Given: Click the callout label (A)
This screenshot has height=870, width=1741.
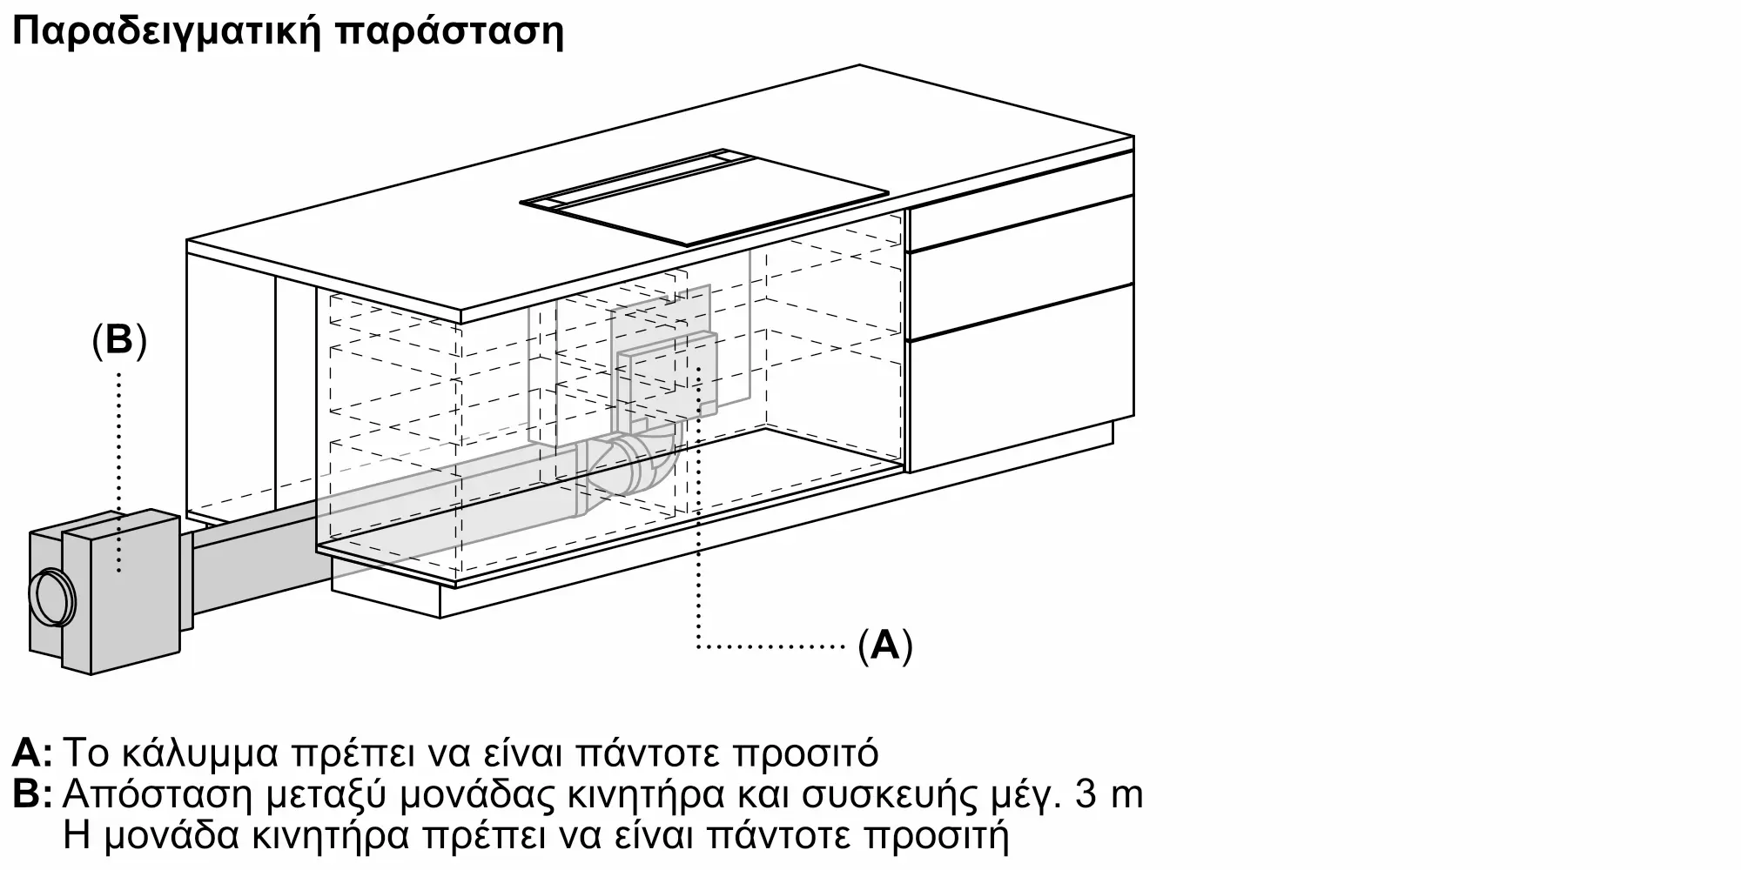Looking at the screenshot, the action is (885, 646).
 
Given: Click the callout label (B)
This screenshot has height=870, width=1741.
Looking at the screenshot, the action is (119, 341).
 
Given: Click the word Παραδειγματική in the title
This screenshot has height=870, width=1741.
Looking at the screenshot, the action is (165, 32).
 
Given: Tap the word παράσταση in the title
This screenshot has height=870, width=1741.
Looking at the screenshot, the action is (449, 32).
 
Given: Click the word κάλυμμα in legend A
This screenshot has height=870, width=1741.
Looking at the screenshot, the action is (200, 753).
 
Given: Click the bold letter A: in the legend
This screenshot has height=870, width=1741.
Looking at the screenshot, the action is (31, 753).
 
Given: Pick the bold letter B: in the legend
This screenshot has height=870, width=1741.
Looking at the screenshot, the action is (31, 794).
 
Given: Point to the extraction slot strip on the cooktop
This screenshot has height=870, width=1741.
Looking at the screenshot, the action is (635, 178).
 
